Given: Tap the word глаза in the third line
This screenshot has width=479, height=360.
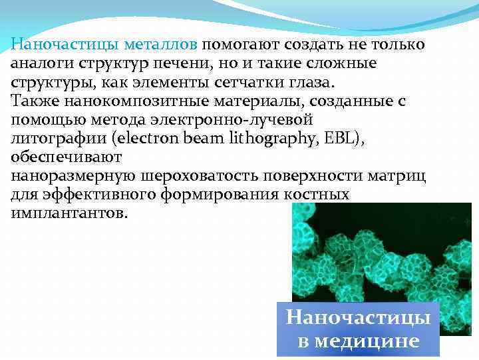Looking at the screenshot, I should click(x=315, y=83).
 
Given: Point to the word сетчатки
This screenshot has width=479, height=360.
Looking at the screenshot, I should click(x=255, y=83).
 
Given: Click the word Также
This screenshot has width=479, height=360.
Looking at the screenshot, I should click(x=33, y=102).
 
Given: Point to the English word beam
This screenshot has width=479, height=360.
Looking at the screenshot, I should click(x=234, y=139).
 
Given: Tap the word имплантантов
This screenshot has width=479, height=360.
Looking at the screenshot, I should click(x=67, y=215).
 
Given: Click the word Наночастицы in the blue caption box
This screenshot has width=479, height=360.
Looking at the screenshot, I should click(x=358, y=317).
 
